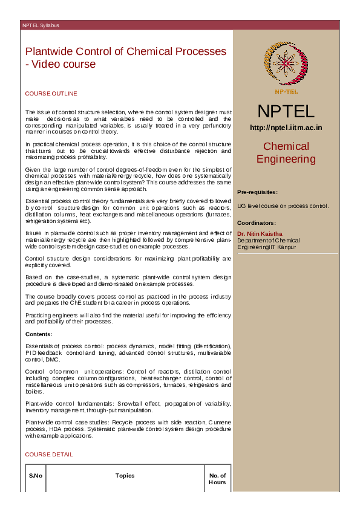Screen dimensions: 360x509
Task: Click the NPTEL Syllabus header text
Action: click(x=41, y=26)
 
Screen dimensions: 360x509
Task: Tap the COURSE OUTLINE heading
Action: click(x=51, y=94)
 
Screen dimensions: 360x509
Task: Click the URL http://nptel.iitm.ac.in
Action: click(x=286, y=128)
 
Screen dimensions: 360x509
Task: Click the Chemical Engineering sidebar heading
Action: click(x=286, y=152)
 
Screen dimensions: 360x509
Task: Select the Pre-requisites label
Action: click(x=257, y=192)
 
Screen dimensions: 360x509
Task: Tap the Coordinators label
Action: click(x=256, y=223)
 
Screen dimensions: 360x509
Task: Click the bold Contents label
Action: click(x=39, y=334)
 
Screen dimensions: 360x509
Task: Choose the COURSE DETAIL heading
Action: click(x=48, y=454)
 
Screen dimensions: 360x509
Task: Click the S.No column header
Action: click(x=36, y=476)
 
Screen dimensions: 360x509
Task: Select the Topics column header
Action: click(x=125, y=476)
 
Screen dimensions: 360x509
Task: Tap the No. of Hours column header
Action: click(x=217, y=479)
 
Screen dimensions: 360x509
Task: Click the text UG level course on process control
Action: click(x=283, y=206)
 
